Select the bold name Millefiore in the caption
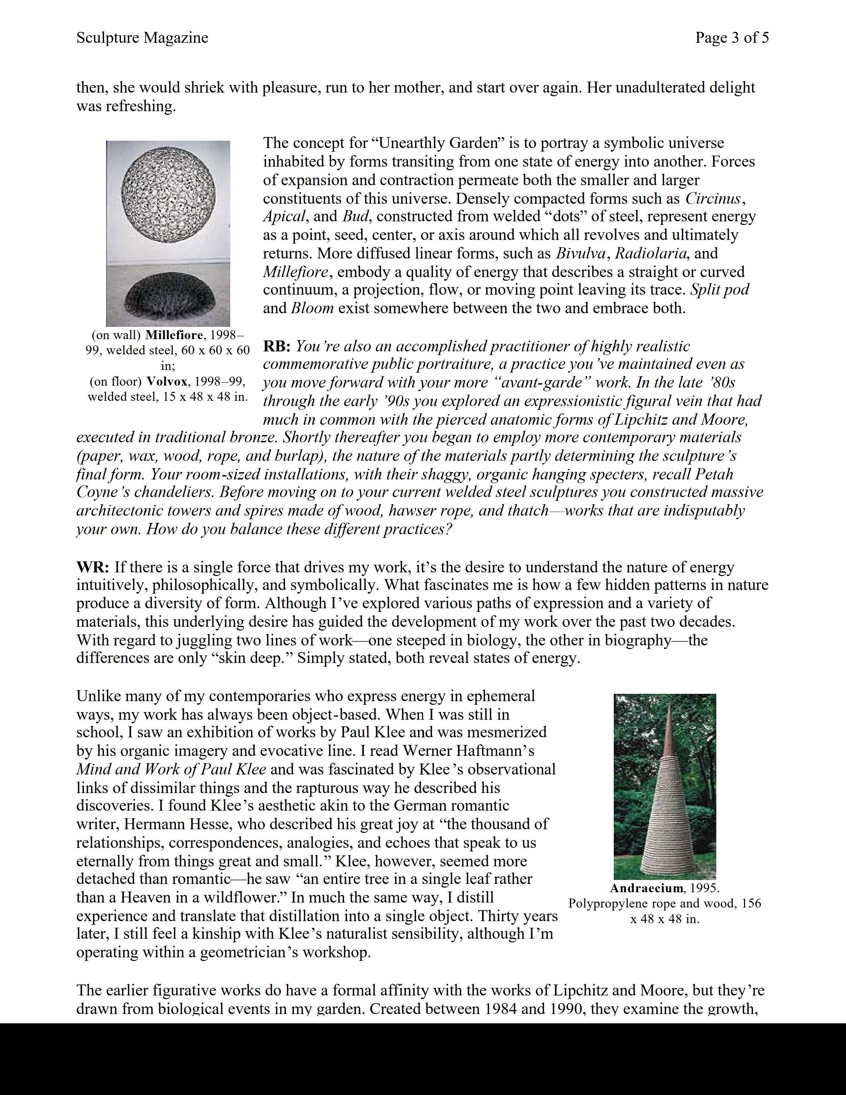point(174,335)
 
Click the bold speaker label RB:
point(277,346)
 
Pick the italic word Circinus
point(713,198)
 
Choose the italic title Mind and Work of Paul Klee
point(171,769)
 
